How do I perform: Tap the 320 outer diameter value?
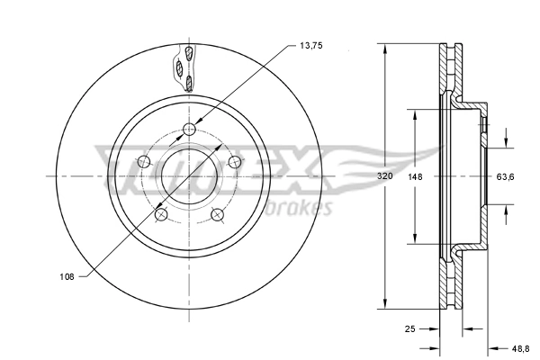(x=384, y=176)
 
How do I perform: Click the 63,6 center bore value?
(x=506, y=176)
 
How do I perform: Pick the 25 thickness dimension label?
(x=410, y=330)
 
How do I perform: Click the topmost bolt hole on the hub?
(x=189, y=130)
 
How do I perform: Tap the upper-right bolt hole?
(x=235, y=162)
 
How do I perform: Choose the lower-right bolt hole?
(x=218, y=214)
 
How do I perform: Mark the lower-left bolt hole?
(x=161, y=214)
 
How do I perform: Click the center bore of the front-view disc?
(x=189, y=176)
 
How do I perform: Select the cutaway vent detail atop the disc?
(x=185, y=67)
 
